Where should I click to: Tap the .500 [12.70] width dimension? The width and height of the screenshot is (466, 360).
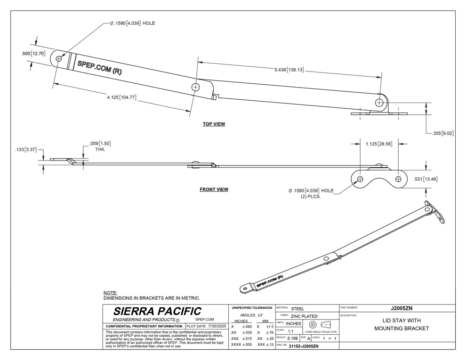33,54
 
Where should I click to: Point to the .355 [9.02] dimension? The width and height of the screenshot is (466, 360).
442,133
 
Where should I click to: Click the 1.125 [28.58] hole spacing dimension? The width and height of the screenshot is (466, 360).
379,143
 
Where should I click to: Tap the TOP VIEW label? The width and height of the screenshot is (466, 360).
214,124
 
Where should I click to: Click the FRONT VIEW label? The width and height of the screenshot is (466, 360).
214,190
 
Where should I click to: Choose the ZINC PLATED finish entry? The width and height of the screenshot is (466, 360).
305,316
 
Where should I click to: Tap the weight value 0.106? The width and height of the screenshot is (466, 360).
293,338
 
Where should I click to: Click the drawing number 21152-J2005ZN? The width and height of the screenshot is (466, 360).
304,346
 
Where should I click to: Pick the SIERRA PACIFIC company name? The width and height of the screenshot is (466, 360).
157,311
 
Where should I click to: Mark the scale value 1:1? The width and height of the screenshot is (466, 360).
291,331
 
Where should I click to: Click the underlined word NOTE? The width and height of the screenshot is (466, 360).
110,293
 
